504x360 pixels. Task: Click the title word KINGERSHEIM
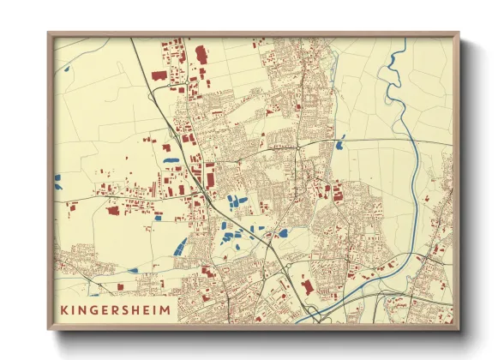click(115, 309)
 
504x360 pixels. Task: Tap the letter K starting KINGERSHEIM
click(64, 309)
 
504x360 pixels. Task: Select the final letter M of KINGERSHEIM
click(165, 309)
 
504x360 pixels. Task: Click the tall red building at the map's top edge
click(201, 55)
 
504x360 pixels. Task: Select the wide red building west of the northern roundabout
click(159, 75)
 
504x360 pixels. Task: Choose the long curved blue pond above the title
click(179, 247)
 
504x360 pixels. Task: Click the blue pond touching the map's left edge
click(58, 181)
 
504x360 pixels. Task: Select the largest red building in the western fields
click(112, 209)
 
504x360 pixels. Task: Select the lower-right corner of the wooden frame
click(458, 328)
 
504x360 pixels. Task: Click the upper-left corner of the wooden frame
click(49, 34)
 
